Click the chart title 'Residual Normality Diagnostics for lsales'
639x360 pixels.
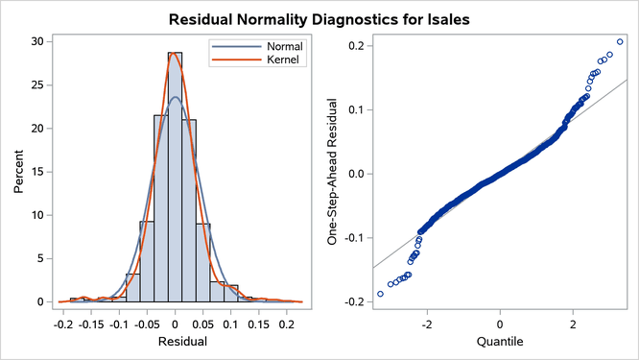(x=319, y=18)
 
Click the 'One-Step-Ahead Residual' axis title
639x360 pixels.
(x=334, y=171)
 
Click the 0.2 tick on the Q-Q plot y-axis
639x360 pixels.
(x=355, y=46)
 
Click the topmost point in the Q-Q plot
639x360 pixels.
(x=620, y=41)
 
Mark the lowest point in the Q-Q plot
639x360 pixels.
(x=380, y=294)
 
